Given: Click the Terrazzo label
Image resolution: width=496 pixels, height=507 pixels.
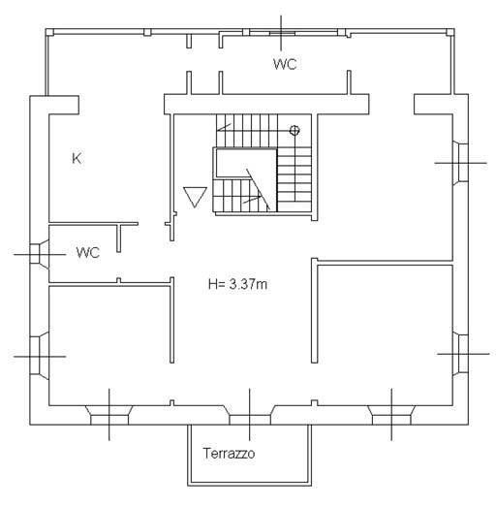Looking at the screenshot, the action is click(229, 453).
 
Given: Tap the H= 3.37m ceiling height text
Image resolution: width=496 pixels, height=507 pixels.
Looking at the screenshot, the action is click(237, 284).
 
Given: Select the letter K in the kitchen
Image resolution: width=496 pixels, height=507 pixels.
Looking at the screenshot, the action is click(77, 158).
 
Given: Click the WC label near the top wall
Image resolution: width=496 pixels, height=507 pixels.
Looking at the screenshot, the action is click(285, 64).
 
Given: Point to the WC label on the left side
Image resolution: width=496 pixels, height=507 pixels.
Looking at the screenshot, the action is click(88, 252).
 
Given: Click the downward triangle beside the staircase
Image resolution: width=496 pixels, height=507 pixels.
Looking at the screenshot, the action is click(195, 197).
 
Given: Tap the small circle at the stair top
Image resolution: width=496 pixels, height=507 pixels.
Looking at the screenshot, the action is click(294, 130).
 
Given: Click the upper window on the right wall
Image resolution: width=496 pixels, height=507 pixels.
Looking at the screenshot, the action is click(460, 163).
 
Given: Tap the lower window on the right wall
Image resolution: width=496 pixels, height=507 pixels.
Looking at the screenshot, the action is click(460, 354).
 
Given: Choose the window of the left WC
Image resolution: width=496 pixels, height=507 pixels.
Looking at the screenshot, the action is click(39, 255).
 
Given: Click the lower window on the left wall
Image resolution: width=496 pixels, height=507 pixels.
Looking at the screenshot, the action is click(39, 356).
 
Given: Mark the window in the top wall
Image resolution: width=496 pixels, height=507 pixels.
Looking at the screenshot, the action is click(281, 33).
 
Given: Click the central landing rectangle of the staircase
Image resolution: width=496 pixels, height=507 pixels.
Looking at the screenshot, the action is click(246, 163).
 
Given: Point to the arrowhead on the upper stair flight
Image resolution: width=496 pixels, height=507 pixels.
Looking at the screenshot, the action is click(220, 129).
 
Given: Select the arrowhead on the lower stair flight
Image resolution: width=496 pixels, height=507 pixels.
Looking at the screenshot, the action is click(259, 197).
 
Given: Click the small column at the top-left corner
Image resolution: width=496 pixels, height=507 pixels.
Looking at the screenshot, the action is click(49, 32).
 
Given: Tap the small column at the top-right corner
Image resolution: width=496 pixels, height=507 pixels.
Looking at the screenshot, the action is click(450, 32).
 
